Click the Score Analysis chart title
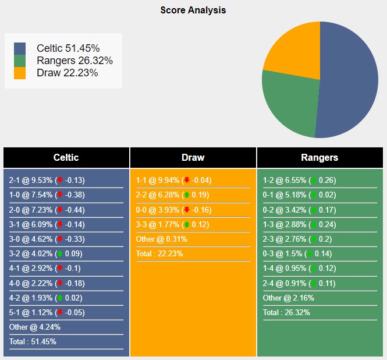pyautogui.click(x=193, y=10)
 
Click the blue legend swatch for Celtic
pyautogui.click(x=20, y=48)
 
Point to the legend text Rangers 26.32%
pyautogui.click(x=74, y=61)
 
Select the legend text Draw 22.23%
pyautogui.click(x=67, y=73)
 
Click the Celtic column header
pyautogui.click(x=66, y=157)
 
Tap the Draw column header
pyautogui.click(x=193, y=157)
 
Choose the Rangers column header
pyautogui.click(x=319, y=157)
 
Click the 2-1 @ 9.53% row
pyautogui.click(x=47, y=181)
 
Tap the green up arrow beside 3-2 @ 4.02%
pyautogui.click(x=59, y=254)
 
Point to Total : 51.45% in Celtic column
pyautogui.click(x=33, y=342)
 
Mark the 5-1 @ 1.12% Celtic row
pyautogui.click(x=47, y=312)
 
